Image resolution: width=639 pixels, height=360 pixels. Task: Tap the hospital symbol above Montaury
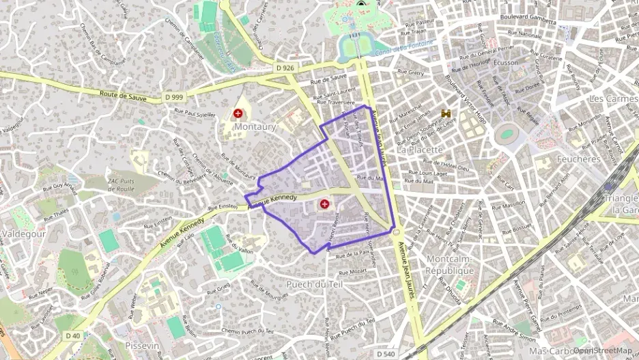point(238,113)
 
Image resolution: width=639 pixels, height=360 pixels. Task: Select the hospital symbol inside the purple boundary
point(324,204)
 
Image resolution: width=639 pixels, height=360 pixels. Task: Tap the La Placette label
point(420,149)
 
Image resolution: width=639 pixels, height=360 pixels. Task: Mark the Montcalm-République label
point(450,264)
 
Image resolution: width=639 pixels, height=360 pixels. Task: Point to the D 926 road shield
point(286,68)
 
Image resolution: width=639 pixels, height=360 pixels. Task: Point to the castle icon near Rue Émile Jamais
point(447,113)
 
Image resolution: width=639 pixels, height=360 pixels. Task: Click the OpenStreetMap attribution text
point(602,350)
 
